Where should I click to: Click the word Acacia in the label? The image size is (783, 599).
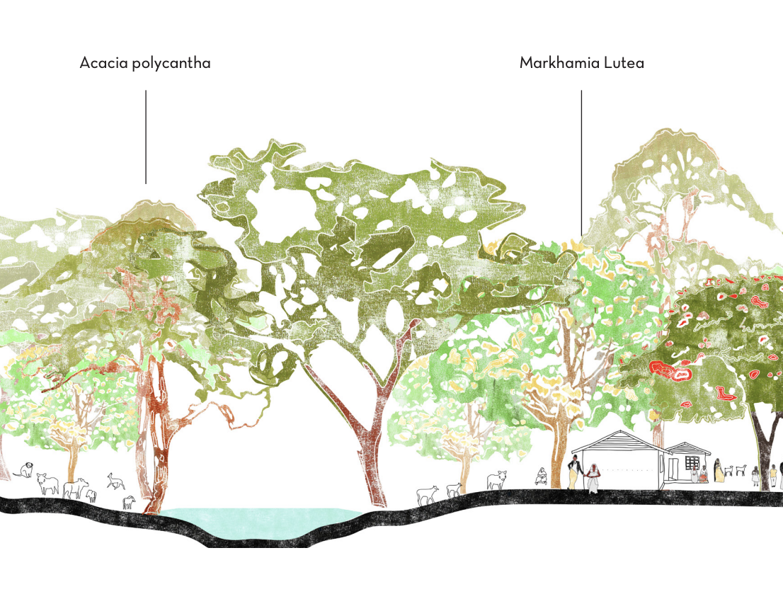[103, 63]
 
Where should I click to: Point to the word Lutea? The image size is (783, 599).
[624, 63]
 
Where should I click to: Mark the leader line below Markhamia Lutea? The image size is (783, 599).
[581, 163]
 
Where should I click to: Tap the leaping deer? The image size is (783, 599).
[115, 481]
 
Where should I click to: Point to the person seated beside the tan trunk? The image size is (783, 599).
[542, 477]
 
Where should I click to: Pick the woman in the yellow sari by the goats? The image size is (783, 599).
[719, 471]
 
